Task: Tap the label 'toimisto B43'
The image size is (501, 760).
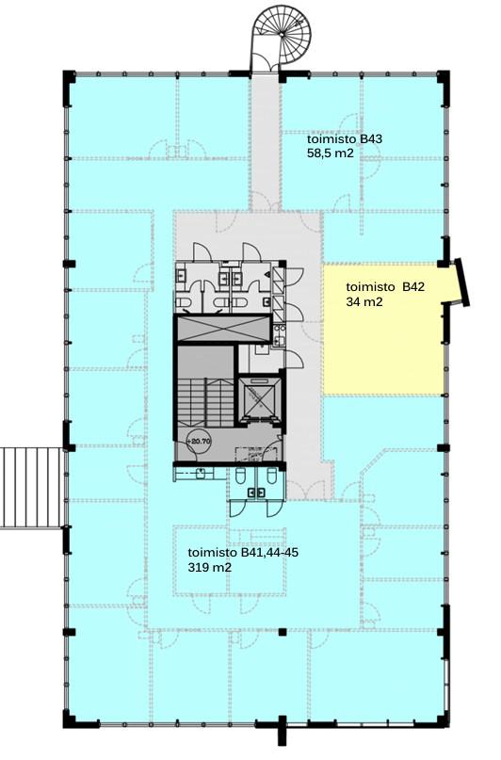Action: (345, 139)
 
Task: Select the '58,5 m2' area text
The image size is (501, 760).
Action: (330, 154)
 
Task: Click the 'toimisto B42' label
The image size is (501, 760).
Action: (385, 287)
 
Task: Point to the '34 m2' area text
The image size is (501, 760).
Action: (364, 302)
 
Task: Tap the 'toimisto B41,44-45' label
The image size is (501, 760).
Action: (243, 553)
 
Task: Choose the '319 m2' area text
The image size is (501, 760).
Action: (209, 567)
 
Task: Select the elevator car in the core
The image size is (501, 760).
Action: (257, 397)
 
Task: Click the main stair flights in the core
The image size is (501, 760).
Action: (206, 402)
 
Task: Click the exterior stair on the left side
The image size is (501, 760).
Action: (31, 488)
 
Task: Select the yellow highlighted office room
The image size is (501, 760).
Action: (383, 329)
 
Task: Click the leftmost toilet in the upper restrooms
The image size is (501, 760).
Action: (183, 303)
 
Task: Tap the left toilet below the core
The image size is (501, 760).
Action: (241, 476)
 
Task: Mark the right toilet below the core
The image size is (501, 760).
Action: (272, 476)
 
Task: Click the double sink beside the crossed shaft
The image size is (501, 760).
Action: (279, 335)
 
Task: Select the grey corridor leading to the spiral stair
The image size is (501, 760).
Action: (266, 140)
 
